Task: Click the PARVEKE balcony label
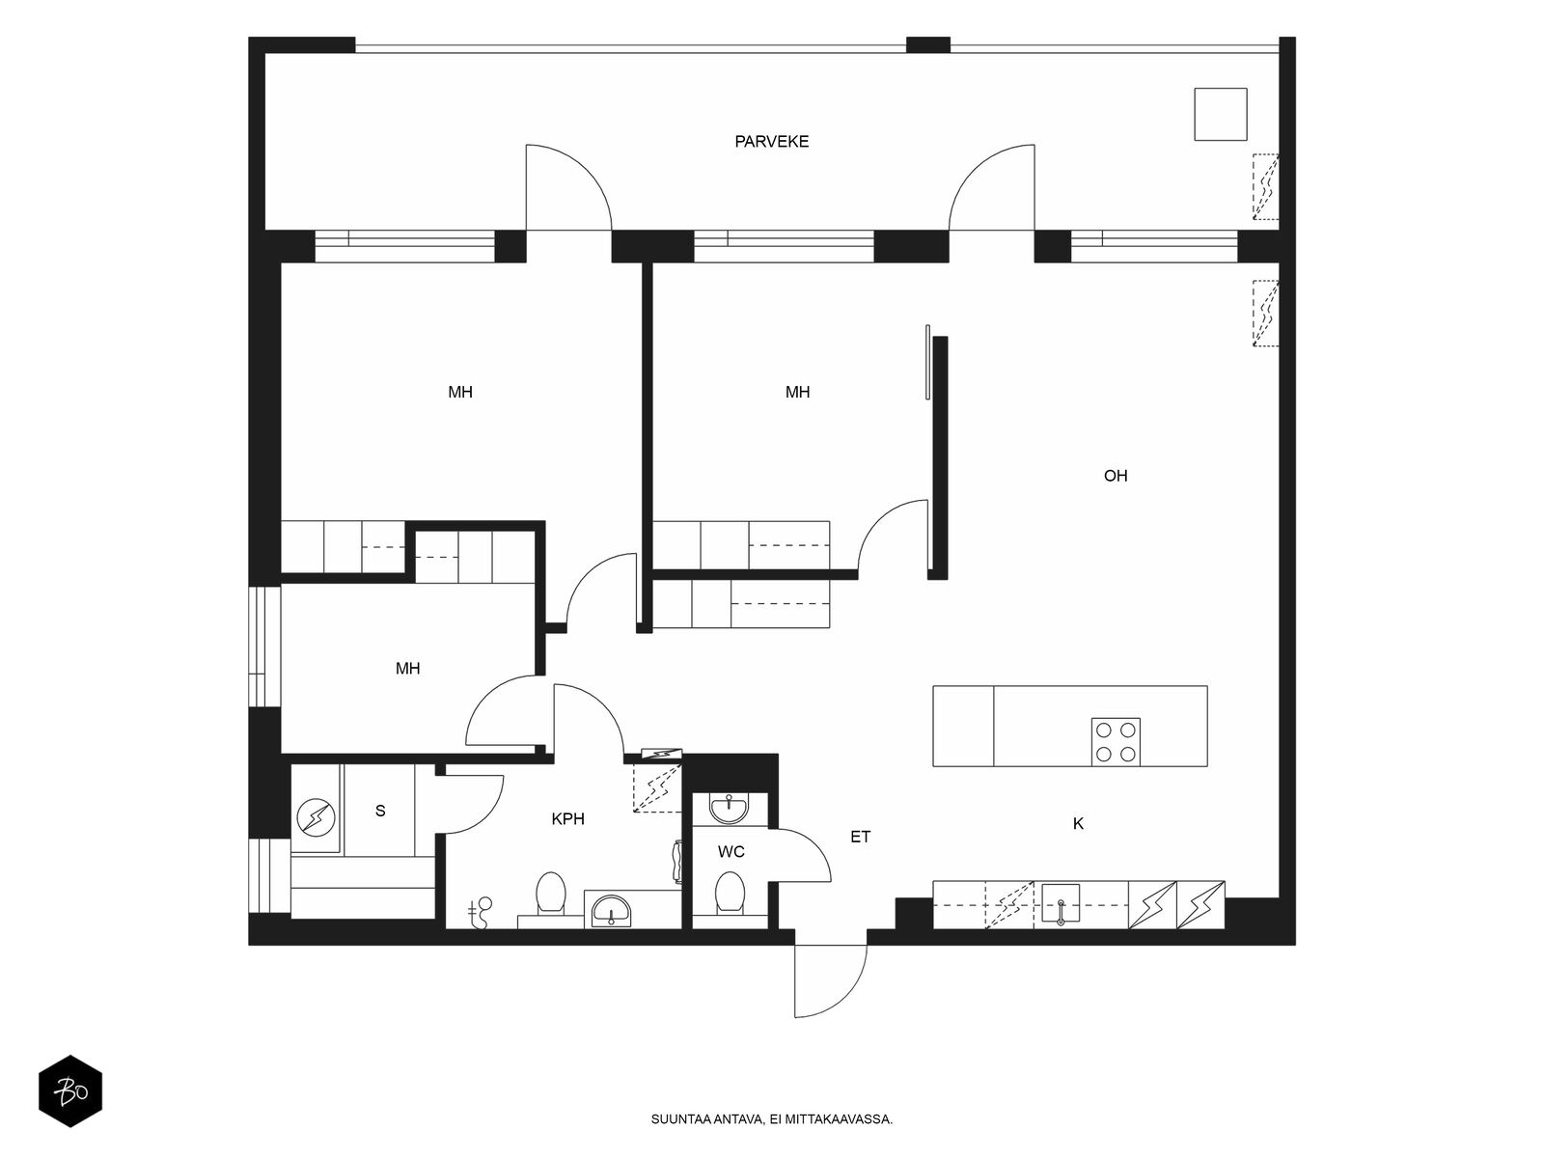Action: tap(771, 141)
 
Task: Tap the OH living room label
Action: tap(1115, 476)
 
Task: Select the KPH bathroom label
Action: tap(567, 818)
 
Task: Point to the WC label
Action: tap(731, 851)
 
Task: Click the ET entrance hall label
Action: tap(860, 837)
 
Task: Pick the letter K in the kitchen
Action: tap(1078, 824)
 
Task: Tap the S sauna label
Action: tap(380, 811)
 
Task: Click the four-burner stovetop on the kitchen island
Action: tap(1116, 742)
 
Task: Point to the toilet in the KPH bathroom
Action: tap(551, 894)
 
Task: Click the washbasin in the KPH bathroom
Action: tap(611, 911)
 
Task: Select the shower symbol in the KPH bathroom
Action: tap(481, 913)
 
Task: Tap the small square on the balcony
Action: tap(1221, 114)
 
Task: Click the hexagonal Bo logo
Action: tap(70, 1090)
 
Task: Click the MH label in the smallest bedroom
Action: tap(407, 668)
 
